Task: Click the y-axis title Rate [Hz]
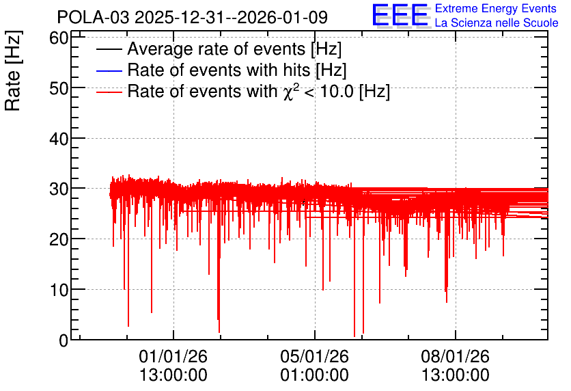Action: pos(13,70)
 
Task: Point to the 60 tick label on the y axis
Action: pos(59,38)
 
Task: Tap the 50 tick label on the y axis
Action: pos(59,88)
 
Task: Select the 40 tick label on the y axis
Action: pos(59,139)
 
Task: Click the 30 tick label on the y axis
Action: pos(59,189)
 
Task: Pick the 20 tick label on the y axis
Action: pos(59,239)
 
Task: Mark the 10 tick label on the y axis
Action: pos(59,290)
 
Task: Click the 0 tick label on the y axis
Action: pos(64,340)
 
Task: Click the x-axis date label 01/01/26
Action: pos(173,356)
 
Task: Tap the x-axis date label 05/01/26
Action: pos(315,356)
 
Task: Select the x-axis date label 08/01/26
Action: pos(456,356)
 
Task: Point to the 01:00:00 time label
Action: pos(315,375)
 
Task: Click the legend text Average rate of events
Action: pos(217,49)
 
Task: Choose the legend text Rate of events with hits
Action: pos(219,70)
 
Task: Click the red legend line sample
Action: pos(109,92)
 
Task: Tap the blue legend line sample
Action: pos(109,70)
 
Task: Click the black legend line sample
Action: pos(109,49)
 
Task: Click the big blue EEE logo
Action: pos(400,15)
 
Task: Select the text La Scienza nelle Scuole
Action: pos(497,23)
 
